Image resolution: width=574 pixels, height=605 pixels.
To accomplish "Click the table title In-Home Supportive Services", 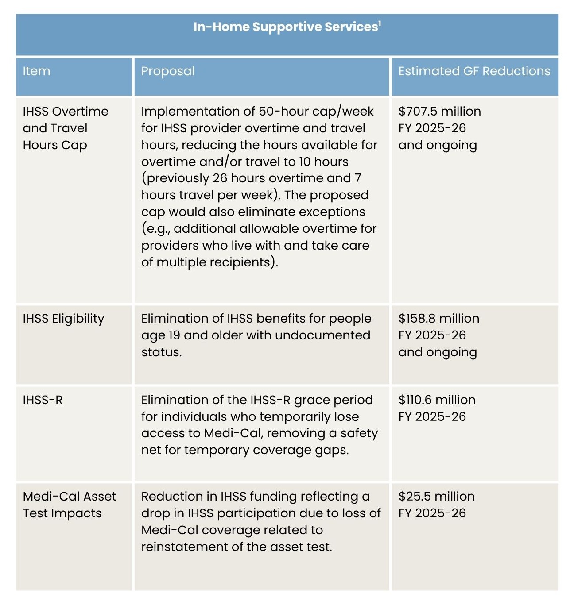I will tap(286, 27).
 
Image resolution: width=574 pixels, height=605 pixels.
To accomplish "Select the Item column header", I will tap(36, 71).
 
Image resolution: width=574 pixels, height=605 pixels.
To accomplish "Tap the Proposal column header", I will tap(168, 71).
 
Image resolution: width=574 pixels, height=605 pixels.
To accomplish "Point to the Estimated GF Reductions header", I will tap(474, 71).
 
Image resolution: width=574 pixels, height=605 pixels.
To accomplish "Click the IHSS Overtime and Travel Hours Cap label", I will tap(65, 128).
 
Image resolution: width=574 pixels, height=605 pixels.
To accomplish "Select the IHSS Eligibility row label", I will tap(63, 319).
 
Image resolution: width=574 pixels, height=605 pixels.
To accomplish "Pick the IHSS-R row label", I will tap(43, 400).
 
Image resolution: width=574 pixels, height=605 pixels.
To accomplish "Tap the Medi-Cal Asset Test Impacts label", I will tap(69, 505).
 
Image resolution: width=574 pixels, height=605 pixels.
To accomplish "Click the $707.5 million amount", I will tap(439, 111).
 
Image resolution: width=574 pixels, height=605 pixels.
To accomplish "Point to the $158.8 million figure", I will tap(438, 319).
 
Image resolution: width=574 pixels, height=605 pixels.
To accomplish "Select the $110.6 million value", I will tap(437, 400).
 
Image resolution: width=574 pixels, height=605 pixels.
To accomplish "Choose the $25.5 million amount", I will tap(436, 497).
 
